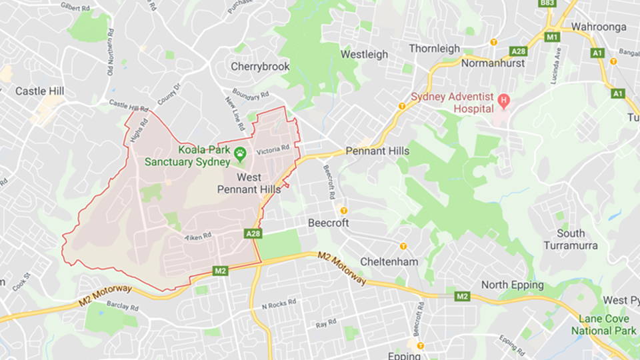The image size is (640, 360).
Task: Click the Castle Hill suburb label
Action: (40, 91)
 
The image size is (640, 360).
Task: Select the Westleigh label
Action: (364, 55)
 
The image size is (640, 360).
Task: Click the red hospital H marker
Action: (503, 101)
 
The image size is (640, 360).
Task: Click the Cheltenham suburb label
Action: (389, 261)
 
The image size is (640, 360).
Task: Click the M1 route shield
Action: (551, 37)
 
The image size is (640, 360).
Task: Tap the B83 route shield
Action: (547, 4)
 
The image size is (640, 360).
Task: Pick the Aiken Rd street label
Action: (198, 235)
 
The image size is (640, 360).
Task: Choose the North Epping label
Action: (513, 285)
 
